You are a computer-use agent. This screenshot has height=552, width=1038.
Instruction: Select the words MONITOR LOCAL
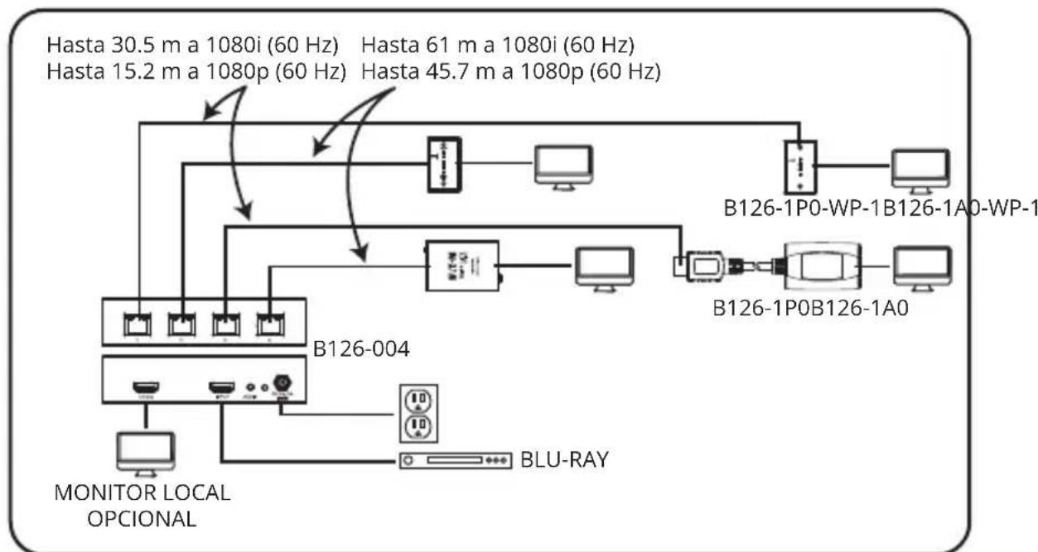click(142, 493)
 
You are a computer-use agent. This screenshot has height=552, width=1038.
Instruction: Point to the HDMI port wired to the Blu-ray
click(221, 387)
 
